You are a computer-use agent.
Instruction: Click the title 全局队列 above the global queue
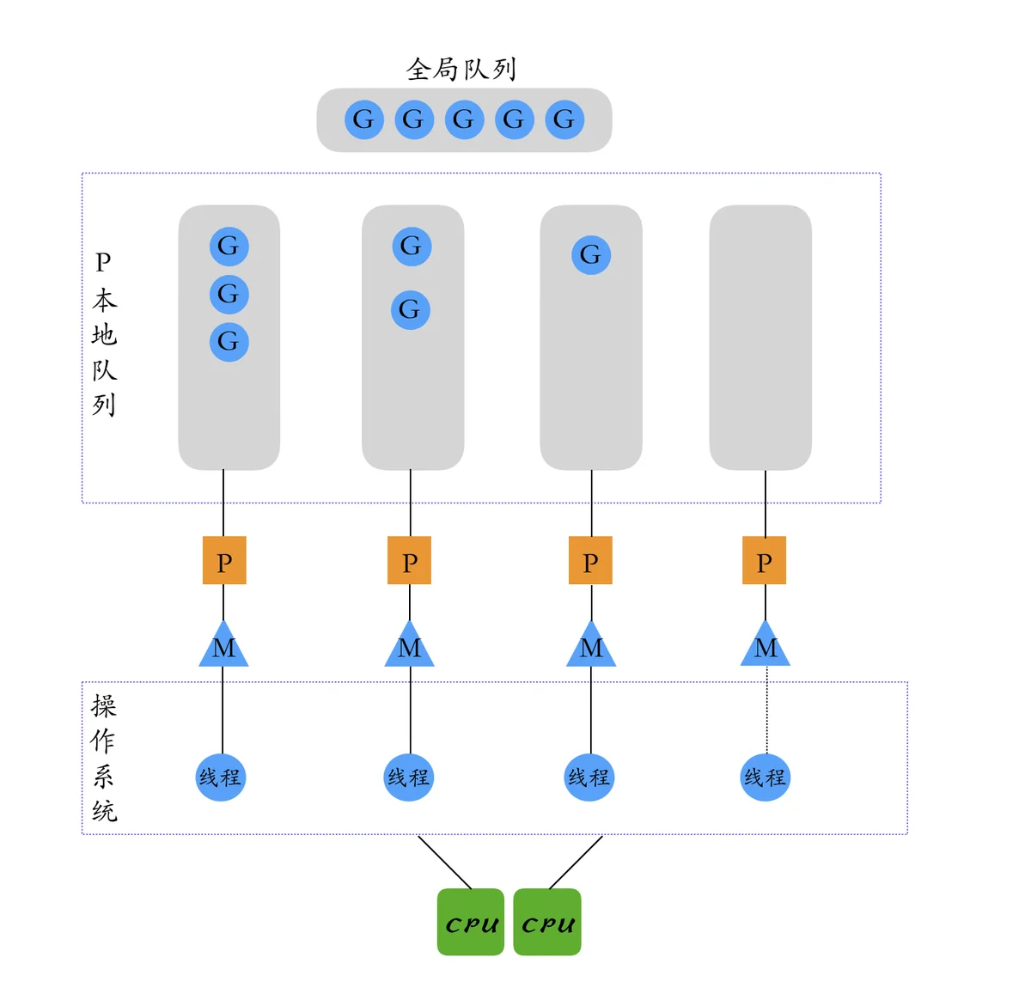[x=461, y=69]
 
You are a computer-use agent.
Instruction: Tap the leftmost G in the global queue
[x=363, y=119]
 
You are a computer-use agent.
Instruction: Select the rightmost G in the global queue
[x=564, y=119]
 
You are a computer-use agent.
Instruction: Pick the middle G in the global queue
[x=464, y=119]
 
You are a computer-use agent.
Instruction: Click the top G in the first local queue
[x=229, y=247]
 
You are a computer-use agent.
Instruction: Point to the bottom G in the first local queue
[x=229, y=342]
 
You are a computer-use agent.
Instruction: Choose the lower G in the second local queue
[x=411, y=309]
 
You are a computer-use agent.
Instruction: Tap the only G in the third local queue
[x=591, y=255]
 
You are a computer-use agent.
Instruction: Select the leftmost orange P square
[x=224, y=560]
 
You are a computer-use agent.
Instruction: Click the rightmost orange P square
[x=765, y=560]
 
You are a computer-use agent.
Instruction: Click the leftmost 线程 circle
[x=221, y=777]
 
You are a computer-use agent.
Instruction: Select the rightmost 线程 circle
[x=765, y=777]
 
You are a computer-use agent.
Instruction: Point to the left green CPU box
[x=471, y=922]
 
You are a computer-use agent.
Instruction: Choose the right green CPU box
[x=547, y=922]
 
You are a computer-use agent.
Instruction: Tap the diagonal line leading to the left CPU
[x=444, y=862]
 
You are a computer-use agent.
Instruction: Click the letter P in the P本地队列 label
[x=103, y=262]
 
